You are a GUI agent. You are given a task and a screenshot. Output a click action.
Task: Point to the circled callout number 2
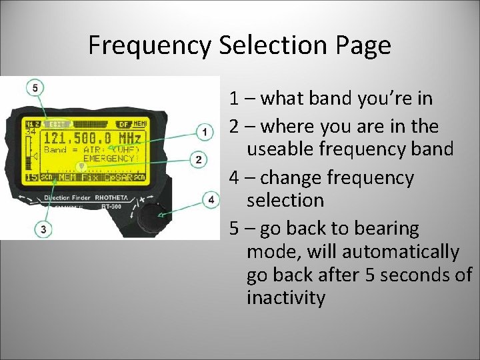197,159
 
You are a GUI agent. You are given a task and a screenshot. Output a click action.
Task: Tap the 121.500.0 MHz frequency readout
92,138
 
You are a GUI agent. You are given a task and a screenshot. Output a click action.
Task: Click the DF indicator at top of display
123,124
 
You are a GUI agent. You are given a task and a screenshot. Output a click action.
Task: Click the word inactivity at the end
286,297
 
